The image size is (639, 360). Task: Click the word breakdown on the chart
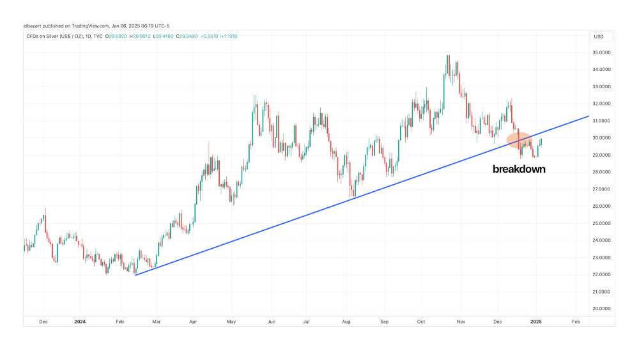click(519, 169)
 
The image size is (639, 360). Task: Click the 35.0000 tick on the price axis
click(603, 52)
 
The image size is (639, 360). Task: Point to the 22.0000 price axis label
click(603, 274)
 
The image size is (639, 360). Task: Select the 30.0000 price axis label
click(603, 137)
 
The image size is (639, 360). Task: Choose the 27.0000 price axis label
click(603, 189)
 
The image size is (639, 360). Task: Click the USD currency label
click(599, 36)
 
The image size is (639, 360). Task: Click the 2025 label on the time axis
click(536, 322)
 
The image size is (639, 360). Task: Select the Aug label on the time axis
click(347, 322)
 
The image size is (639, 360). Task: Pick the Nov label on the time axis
click(460, 322)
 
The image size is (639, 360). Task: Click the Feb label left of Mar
click(119, 322)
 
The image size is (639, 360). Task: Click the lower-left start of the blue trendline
click(135, 275)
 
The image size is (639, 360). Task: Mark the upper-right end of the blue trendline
click(589, 116)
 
